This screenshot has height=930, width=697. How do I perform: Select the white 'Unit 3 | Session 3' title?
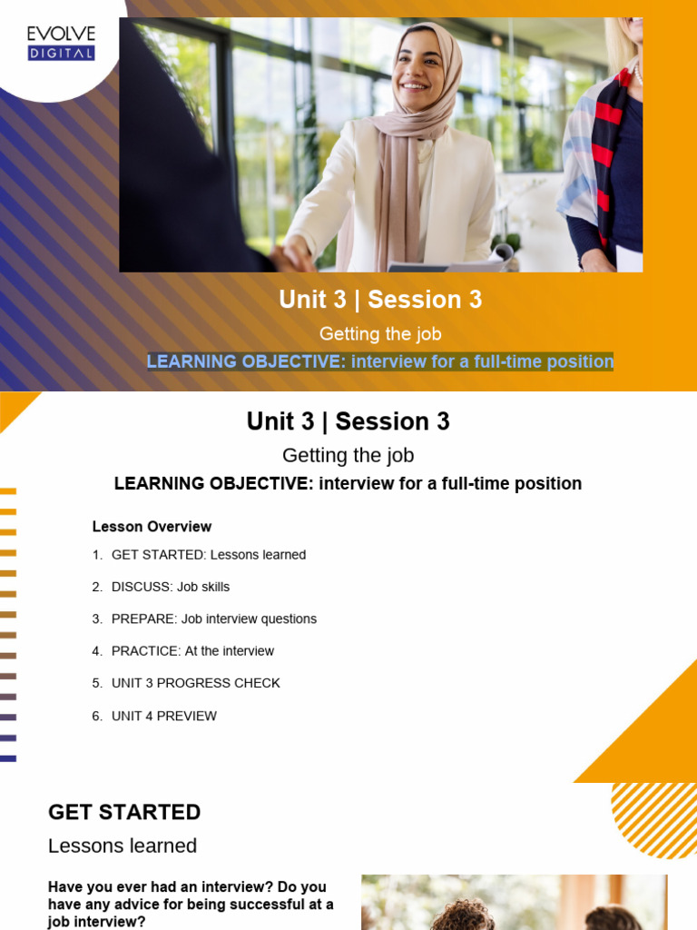(380, 300)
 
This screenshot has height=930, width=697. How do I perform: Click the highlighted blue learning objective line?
(380, 361)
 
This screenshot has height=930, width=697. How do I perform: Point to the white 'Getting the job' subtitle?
(380, 333)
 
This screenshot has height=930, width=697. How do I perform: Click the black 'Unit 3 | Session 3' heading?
(348, 421)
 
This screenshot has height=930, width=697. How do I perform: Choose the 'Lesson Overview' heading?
(152, 527)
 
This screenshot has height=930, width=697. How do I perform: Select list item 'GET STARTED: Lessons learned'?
(209, 555)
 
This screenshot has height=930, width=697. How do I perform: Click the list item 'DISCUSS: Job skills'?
(171, 587)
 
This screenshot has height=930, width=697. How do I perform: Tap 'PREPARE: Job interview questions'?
(214, 618)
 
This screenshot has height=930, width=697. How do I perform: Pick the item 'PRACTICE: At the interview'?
(192, 651)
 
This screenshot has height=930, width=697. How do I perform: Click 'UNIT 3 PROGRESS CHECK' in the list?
(196, 683)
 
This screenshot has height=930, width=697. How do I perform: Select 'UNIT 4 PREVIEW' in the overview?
(164, 716)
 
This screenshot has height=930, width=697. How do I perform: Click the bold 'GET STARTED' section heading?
(124, 812)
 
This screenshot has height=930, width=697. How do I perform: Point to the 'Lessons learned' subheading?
(123, 846)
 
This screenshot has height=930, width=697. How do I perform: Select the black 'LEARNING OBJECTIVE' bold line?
(348, 483)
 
